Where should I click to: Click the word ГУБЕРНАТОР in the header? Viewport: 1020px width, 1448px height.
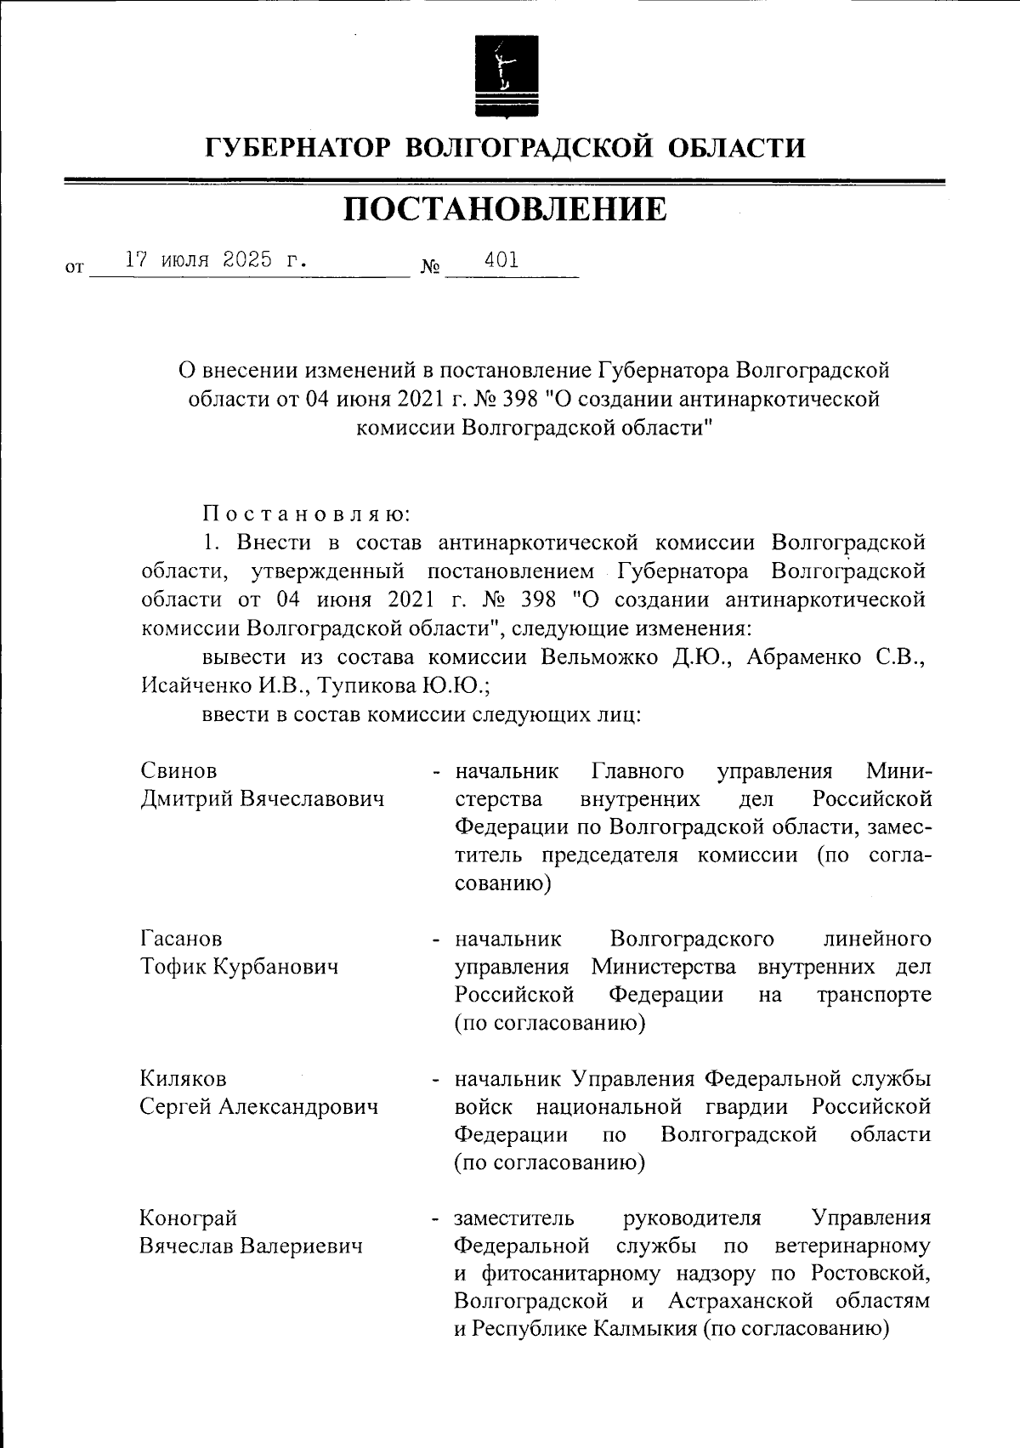tap(298, 149)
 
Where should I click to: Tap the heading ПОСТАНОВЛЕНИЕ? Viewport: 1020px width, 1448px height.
tap(506, 209)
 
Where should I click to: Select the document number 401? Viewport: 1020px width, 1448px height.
tap(501, 260)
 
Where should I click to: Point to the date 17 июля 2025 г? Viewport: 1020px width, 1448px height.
tap(216, 260)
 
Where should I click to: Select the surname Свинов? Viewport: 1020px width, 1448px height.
tap(178, 771)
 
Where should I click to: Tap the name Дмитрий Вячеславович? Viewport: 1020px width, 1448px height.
tap(262, 799)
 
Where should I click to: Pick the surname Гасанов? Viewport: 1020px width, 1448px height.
tap(181, 939)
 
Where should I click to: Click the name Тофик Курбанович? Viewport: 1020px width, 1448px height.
tap(239, 967)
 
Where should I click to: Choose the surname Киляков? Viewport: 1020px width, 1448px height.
tap(183, 1079)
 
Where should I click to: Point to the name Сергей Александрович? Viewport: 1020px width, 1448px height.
tap(258, 1107)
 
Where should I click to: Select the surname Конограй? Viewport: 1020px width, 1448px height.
tap(188, 1218)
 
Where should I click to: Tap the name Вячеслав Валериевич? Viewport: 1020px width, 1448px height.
tap(251, 1246)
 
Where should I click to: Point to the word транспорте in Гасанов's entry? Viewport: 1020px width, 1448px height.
tap(874, 995)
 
